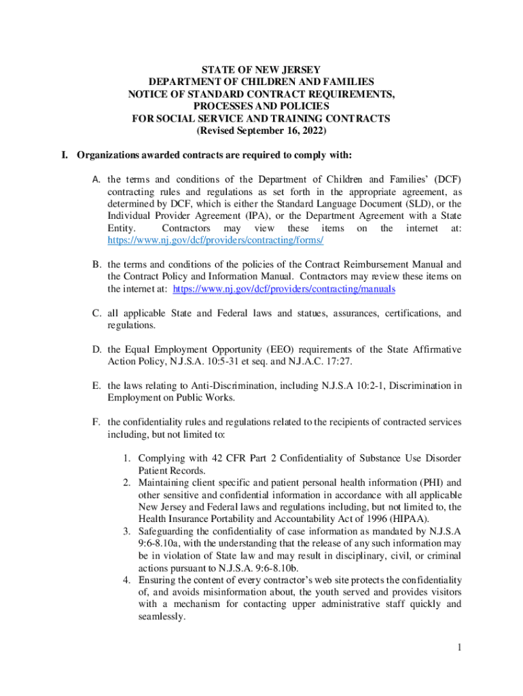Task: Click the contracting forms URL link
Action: [215, 241]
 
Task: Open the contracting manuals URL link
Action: [284, 289]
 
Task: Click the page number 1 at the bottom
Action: [460, 647]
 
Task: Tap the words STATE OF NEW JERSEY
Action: [261, 69]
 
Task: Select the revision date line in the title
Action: [261, 130]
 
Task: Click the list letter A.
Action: [96, 179]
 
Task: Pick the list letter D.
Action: [96, 349]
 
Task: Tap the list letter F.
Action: [96, 422]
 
